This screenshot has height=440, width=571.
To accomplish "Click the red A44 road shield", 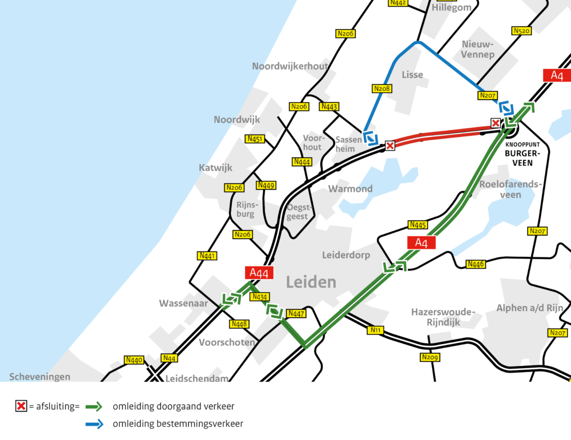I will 259,273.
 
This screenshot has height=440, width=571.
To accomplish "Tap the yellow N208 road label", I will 381,88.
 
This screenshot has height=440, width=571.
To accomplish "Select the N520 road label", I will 521,31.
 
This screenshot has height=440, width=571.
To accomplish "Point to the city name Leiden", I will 311,282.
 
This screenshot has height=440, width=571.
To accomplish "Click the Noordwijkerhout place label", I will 290,66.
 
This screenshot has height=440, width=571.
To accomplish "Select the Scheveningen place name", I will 40,377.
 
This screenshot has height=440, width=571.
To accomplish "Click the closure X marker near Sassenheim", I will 390,146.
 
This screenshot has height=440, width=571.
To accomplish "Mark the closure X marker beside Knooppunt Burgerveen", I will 496,123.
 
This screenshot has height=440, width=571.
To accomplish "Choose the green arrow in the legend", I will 94,406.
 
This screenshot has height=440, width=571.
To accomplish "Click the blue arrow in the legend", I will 94,423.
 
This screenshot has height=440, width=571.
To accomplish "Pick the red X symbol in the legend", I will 21,406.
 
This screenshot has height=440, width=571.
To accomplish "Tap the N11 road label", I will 375,330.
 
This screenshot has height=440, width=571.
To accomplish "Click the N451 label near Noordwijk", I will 255,139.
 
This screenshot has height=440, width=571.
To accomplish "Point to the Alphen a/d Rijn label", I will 529,308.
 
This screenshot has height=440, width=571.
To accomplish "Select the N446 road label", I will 476,264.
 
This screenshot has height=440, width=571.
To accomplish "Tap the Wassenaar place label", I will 183,304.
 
